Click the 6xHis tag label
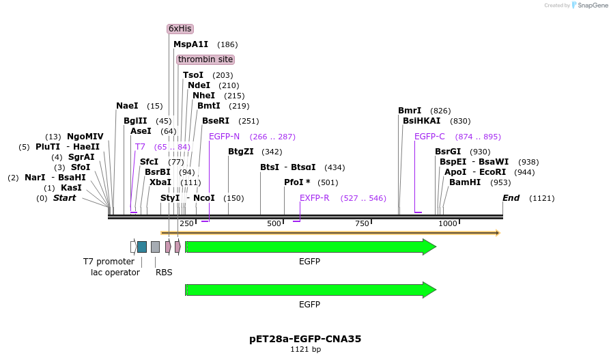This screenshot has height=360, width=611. pos(180,29)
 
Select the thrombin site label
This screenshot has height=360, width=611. pos(205,59)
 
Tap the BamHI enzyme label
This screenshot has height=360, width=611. pos(466,182)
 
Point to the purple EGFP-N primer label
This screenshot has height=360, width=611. pos(224,137)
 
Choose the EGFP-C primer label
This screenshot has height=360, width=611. pos(429,137)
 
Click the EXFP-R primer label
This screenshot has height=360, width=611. pos(315,198)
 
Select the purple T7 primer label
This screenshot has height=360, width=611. pos(140,147)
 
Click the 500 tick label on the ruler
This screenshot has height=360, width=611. pos(274,224)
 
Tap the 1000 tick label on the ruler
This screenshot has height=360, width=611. pos(448,224)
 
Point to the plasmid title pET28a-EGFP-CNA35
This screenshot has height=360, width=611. pos(305,339)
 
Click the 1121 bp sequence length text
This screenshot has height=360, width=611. pos(305,350)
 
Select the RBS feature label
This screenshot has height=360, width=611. pos(164,272)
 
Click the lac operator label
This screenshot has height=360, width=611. pos(115,273)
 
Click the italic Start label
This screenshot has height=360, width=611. pos(64,198)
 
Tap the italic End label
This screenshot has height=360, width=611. pos(511,198)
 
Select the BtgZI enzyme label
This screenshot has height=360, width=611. pos(240,152)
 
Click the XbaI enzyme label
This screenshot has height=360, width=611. pos(160,182)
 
